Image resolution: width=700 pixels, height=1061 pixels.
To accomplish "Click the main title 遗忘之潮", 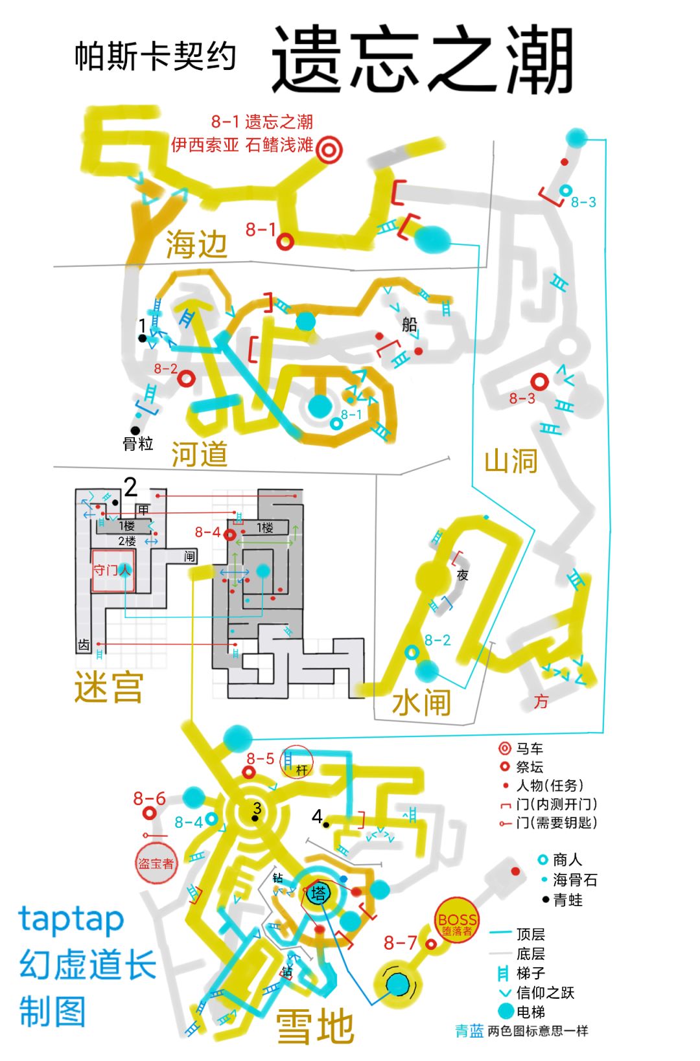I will click(422, 60).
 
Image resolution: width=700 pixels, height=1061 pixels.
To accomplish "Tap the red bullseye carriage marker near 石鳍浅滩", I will click(329, 150).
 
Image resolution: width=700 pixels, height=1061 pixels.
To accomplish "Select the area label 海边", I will click(196, 245).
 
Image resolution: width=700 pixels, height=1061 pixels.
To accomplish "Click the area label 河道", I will click(200, 453).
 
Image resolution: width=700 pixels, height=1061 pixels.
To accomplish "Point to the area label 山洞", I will click(511, 461).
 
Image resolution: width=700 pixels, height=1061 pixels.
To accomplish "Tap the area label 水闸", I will click(421, 702).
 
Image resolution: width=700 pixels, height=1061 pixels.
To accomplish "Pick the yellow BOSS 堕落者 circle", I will click(457, 920).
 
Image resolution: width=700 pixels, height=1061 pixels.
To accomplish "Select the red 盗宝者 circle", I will click(156, 863).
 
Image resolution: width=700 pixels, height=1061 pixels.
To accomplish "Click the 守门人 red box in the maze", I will click(113, 571).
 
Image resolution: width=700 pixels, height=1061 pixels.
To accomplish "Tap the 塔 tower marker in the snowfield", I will click(319, 894).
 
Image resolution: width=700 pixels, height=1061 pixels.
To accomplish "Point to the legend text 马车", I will click(530, 749).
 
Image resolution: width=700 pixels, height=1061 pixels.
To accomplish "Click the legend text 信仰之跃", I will click(545, 992).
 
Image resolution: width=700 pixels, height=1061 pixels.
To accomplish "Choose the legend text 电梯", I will click(531, 1012).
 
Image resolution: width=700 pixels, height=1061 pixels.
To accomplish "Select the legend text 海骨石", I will click(575, 880).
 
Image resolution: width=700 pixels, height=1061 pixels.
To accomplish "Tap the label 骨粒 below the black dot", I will click(138, 444).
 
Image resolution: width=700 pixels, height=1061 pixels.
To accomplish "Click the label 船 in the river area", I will click(410, 324).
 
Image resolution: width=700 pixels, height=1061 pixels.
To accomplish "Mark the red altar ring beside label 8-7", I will click(431, 944).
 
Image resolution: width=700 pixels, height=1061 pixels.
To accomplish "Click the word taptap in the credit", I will click(71, 920).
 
